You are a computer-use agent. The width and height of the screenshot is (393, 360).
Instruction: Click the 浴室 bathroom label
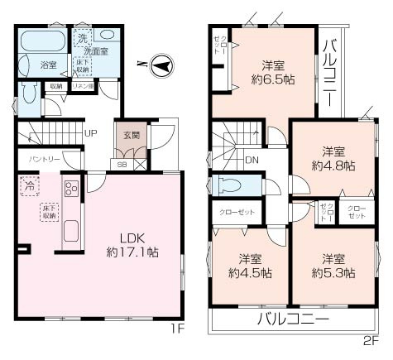pos(48,64)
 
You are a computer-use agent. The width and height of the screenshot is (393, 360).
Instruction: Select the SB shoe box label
pos(122,165)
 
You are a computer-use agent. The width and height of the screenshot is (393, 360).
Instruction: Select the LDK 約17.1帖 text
pos(132,241)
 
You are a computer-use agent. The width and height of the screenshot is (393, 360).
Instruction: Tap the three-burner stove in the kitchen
pos(69,192)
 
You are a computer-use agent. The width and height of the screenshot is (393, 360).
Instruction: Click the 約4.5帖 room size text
pos(249,272)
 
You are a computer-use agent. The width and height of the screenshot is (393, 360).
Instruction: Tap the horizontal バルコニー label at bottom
pos(292,319)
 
